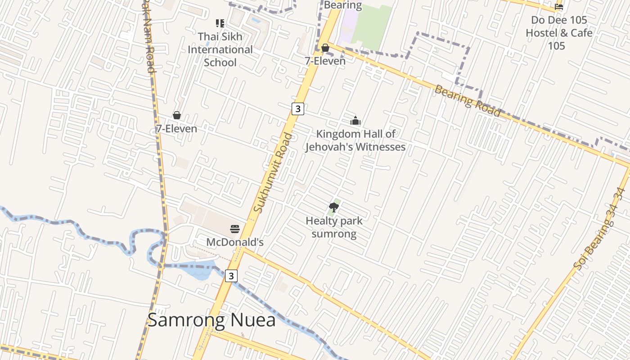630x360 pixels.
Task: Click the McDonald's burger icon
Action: click(235, 229)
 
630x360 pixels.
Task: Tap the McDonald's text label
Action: click(234, 242)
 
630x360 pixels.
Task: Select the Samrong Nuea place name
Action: click(211, 320)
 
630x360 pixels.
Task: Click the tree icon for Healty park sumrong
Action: click(334, 207)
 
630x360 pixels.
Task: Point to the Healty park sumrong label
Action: click(334, 227)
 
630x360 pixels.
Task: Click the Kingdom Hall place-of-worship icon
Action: click(355, 121)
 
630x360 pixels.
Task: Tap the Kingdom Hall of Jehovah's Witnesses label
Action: click(355, 140)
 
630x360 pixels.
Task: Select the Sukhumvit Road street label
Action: click(273, 173)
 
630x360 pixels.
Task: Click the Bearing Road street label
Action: click(467, 101)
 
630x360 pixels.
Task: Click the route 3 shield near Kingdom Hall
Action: click(297, 108)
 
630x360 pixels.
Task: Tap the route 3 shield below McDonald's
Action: click(231, 276)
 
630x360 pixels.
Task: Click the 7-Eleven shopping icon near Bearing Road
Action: click(325, 48)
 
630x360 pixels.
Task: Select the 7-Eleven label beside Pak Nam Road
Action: click(176, 129)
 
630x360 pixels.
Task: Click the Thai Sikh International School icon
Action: click(220, 23)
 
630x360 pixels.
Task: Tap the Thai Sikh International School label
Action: click(220, 49)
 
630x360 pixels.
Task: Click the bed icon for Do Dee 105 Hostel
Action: click(559, 6)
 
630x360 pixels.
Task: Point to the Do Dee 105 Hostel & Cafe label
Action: click(559, 33)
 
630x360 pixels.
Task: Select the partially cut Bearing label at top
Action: click(343, 5)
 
